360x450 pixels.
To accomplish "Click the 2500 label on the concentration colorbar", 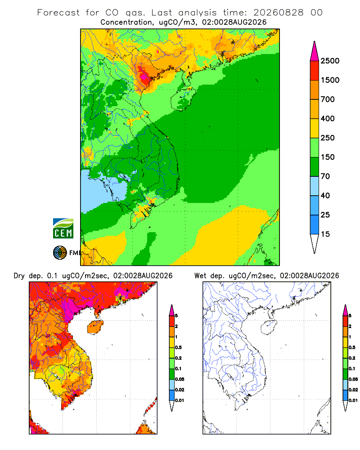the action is [x=330, y=61].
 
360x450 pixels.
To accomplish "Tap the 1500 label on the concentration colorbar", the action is [x=330, y=80].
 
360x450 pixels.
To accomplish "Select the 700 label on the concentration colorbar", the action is [x=328, y=99].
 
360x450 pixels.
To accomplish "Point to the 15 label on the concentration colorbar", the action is [x=325, y=234].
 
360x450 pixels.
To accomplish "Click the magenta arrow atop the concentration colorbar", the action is [x=315, y=51].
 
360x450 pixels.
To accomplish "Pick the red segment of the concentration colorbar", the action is [x=315, y=71].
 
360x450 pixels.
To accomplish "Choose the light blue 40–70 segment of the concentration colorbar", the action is [x=315, y=186].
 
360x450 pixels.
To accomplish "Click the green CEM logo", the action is [x=63, y=229].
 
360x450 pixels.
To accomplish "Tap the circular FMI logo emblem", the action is [x=60, y=253].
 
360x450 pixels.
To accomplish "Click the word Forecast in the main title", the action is [x=58, y=13].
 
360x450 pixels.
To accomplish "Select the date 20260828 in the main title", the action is [x=278, y=13].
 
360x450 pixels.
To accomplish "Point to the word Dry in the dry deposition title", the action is [x=19, y=276].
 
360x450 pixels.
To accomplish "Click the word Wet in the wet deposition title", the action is [x=200, y=276].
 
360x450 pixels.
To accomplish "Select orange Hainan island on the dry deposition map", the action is [x=95, y=327].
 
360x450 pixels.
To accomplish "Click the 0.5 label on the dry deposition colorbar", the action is [x=178, y=347].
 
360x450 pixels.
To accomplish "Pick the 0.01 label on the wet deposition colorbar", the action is [x=353, y=400].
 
